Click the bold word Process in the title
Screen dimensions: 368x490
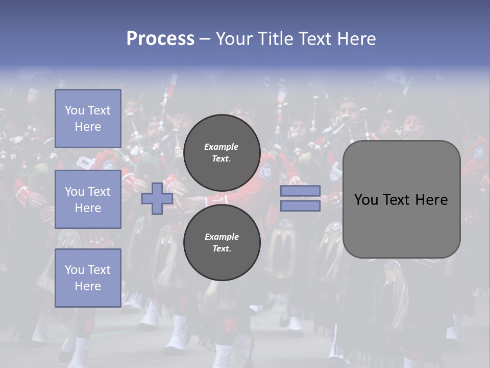160,39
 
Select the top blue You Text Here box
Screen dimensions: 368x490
88,119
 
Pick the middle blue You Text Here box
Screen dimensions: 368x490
88,199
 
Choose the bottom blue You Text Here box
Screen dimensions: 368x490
88,278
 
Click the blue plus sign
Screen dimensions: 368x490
157,199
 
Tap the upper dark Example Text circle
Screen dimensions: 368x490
222,153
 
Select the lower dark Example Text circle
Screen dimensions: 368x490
222,243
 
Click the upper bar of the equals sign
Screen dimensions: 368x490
300,191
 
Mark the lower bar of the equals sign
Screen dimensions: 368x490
300,206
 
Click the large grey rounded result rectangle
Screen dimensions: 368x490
401,199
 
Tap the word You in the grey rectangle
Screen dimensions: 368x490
366,200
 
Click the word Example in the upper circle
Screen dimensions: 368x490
222,147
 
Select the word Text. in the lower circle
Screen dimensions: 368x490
222,249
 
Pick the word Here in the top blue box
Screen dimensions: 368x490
88,127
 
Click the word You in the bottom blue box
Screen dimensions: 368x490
75,270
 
